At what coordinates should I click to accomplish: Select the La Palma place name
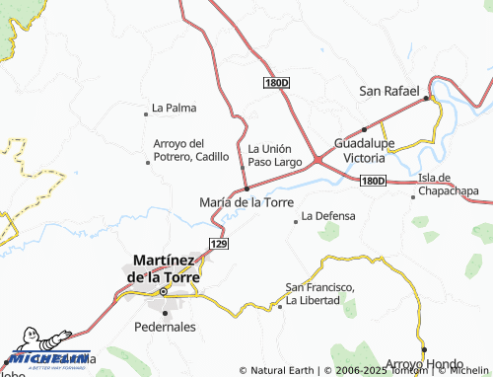[x=174, y=108]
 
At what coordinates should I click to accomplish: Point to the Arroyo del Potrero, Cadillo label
[x=190, y=149]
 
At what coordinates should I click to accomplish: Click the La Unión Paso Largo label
[x=274, y=154]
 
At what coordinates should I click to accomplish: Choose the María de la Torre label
[x=246, y=201]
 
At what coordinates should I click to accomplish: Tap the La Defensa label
[x=327, y=215]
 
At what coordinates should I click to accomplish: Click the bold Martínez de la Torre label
[x=164, y=269]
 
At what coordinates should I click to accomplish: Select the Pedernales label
[x=165, y=326]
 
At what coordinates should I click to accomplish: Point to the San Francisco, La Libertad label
[x=320, y=293]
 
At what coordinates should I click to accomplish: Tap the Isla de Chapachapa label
[x=448, y=184]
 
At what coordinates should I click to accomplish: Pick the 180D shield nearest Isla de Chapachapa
[x=373, y=182]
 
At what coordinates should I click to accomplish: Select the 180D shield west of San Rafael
[x=277, y=83]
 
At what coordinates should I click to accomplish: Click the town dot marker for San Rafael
[x=427, y=98]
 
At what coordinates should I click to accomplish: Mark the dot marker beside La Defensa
[x=295, y=221]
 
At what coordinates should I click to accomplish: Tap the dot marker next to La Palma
[x=146, y=109]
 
